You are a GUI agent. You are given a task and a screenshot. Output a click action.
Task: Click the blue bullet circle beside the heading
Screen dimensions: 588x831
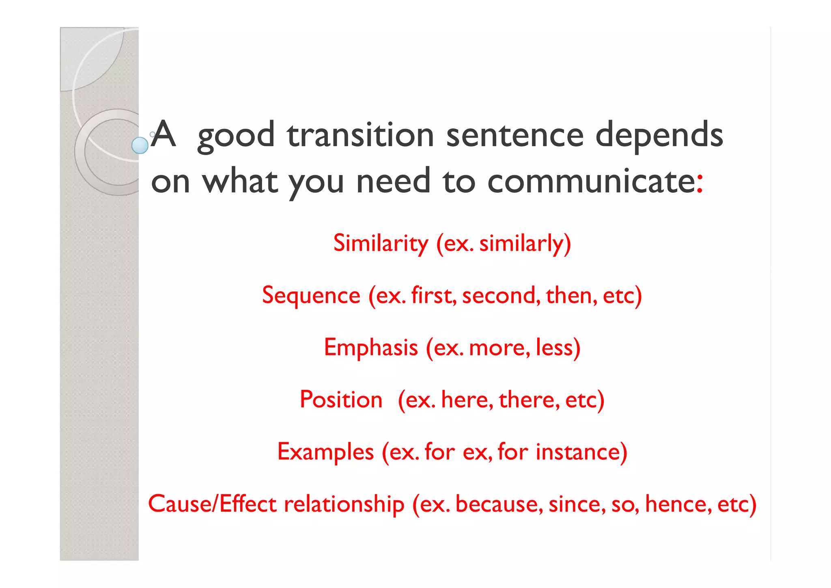tap(140, 145)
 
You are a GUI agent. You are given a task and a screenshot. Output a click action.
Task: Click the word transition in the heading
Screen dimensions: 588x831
tap(360, 135)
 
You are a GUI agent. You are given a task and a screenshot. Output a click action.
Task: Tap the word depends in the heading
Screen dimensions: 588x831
tap(659, 135)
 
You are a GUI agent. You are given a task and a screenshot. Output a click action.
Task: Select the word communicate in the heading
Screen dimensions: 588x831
tap(591, 181)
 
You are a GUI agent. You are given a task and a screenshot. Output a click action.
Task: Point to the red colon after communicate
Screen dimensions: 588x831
tap(700, 184)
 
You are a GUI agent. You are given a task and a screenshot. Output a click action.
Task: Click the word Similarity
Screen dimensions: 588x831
tap(381, 243)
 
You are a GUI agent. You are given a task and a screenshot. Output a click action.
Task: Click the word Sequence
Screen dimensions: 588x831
tap(311, 295)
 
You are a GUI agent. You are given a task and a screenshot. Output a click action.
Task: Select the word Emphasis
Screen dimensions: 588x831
tap(371, 348)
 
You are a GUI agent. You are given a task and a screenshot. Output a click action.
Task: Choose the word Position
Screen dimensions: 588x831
tap(341, 400)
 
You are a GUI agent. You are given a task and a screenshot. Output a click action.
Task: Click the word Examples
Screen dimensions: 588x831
tap(325, 452)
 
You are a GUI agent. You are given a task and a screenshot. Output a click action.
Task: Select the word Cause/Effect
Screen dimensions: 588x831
tap(212, 504)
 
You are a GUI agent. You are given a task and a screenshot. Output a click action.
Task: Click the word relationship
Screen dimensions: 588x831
tap(344, 504)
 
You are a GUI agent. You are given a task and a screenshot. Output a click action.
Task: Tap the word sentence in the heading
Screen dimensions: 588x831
tap(515, 135)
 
